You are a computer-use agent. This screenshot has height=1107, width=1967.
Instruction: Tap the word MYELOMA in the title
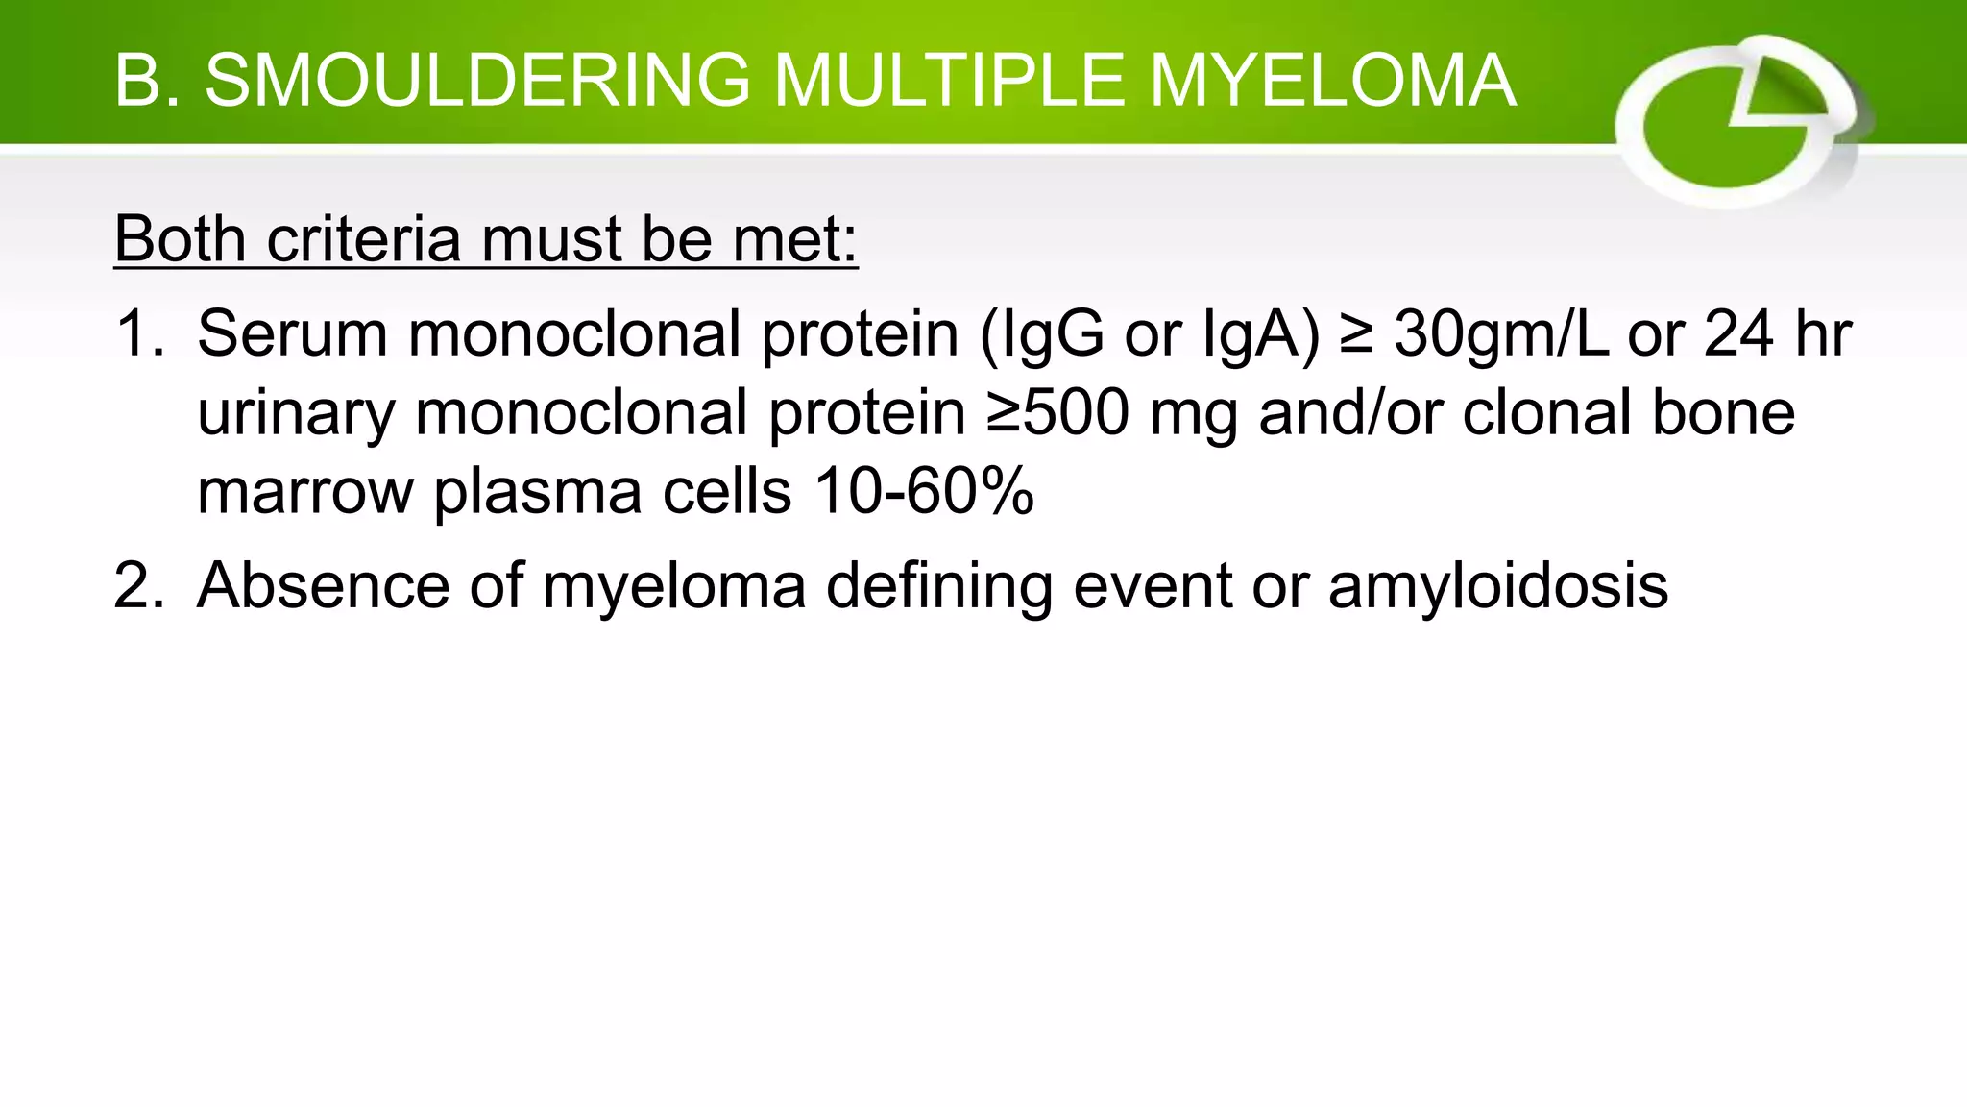pos(1332,81)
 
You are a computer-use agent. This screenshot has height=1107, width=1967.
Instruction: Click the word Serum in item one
pos(293,334)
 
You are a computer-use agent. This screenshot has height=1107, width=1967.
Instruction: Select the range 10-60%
pos(923,492)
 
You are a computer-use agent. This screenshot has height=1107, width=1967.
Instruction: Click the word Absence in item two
pos(323,585)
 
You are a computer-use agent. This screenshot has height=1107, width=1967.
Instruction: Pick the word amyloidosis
pos(1498,587)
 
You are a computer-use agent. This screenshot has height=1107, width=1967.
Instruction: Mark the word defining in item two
pos(938,587)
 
